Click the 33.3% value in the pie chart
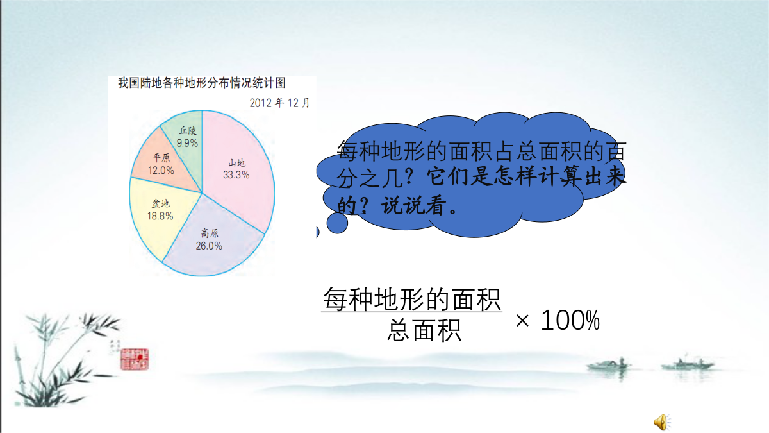coord(236,175)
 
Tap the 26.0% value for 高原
coord(209,246)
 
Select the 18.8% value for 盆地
coord(160,216)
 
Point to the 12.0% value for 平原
coord(161,171)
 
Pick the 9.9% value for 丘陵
coord(187,143)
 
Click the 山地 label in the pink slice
coord(237,162)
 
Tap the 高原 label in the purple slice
coord(210,233)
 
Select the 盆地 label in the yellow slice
coord(161,203)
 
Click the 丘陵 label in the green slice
coord(188,130)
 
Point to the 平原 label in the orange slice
coord(161,158)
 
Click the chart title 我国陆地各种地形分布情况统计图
coord(202,83)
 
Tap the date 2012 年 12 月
coord(279,103)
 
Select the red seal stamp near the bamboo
coord(135,359)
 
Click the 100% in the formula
coord(570,320)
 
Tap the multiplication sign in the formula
coord(522,321)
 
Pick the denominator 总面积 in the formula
coord(424,330)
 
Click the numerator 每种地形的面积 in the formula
coord(412,300)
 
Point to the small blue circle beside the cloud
coord(337,223)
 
